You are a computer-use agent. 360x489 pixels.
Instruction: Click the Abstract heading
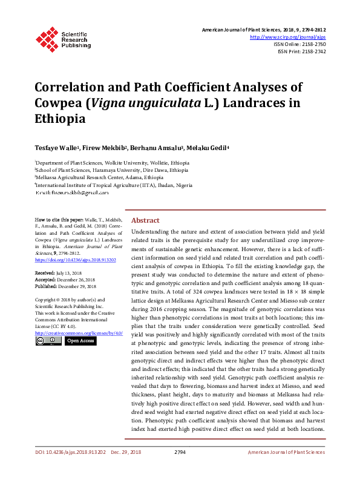click(x=145, y=220)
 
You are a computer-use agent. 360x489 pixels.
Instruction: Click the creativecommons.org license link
click(x=79, y=333)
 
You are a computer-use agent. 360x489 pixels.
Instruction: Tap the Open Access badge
click(x=80, y=341)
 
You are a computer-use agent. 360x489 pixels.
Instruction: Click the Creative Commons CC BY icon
click(x=48, y=341)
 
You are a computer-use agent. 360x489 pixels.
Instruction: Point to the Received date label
click(x=45, y=274)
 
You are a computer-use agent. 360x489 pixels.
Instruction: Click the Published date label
click(x=47, y=286)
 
